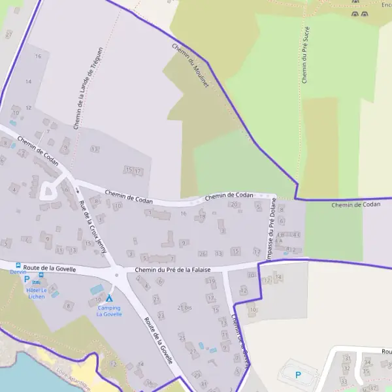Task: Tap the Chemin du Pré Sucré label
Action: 304,55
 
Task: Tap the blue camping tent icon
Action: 109,298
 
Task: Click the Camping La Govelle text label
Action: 109,311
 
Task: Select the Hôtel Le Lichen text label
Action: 37,293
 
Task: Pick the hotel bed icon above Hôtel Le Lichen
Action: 41,282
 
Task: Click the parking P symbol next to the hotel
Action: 27,279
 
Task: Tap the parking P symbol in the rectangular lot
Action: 298,375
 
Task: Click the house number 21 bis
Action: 184,307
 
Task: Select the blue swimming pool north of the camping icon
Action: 96,289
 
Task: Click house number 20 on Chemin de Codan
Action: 233,204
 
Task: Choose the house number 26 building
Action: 203,253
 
